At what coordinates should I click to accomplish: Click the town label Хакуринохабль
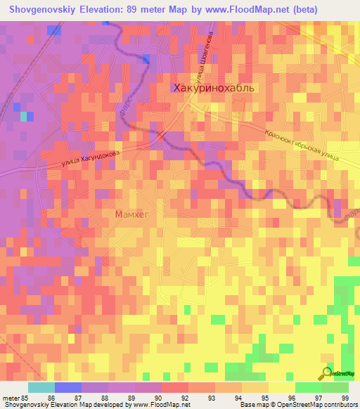click(217, 88)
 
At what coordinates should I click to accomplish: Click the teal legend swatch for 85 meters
click(41, 387)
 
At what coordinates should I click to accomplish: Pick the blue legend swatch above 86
click(67, 387)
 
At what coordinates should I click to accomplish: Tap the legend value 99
click(345, 397)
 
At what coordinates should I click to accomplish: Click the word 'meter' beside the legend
click(11, 397)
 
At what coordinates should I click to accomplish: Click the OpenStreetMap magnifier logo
click(326, 373)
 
